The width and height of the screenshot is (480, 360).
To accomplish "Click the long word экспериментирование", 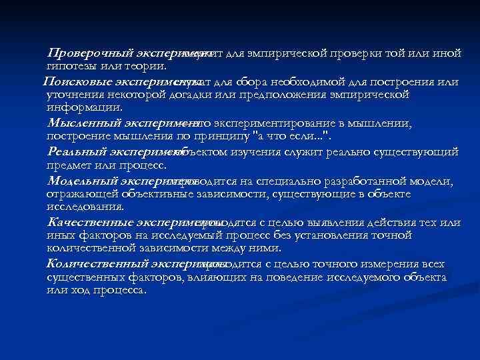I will point(273,123).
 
